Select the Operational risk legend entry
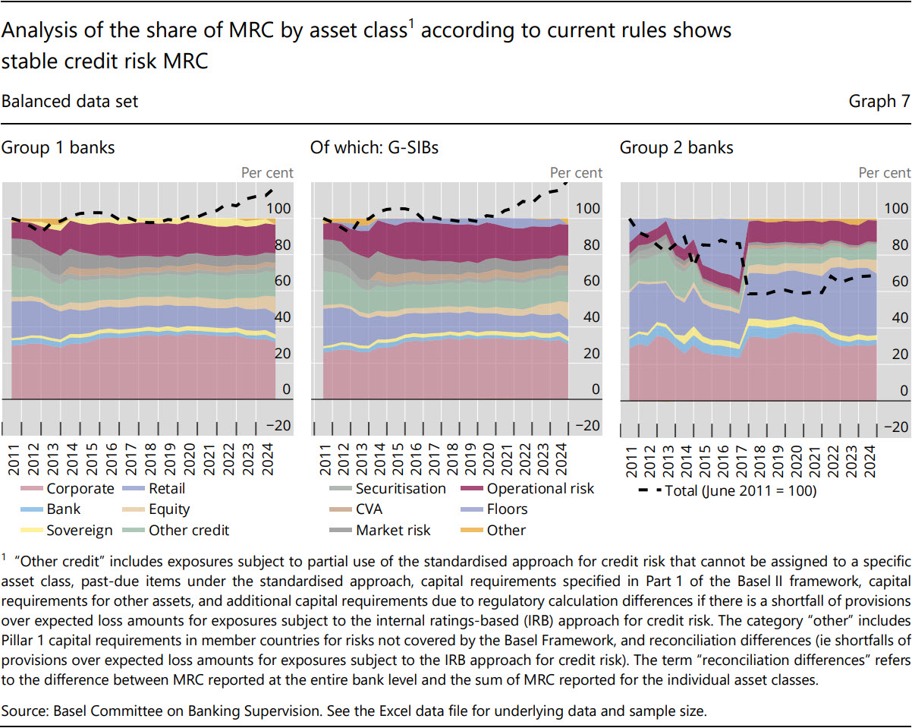(540, 489)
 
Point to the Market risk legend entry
(388, 531)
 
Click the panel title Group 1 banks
(58, 147)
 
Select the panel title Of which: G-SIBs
(374, 147)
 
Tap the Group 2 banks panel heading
(676, 147)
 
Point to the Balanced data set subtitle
(70, 101)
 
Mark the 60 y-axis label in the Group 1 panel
(281, 281)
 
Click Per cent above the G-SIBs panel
(577, 173)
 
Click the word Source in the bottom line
(22, 711)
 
